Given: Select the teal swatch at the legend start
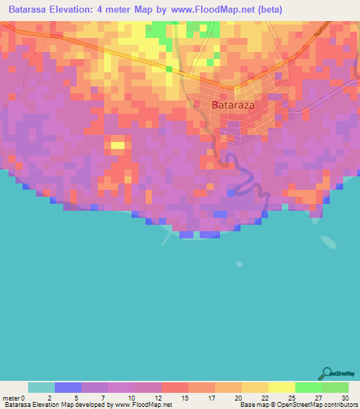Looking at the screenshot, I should (x=41, y=387).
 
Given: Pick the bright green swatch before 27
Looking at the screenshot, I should (x=309, y=387).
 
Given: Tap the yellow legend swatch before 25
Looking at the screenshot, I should (x=282, y=387).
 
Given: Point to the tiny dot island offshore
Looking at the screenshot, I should (x=240, y=264).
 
